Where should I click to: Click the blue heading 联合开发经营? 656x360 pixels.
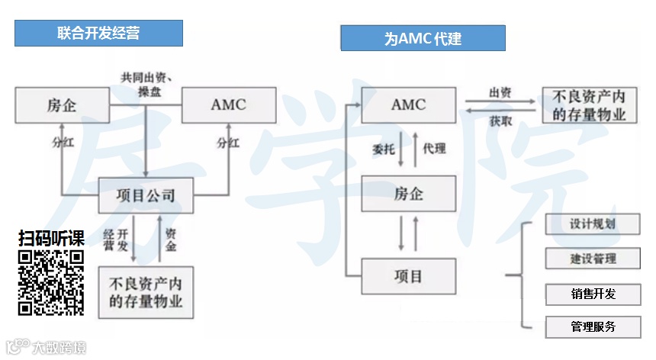[98, 34]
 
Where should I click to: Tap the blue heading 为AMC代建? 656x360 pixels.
[423, 38]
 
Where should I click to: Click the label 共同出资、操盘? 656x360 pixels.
[145, 83]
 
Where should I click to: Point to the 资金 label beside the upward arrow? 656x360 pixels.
[172, 239]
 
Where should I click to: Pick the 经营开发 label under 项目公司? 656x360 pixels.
[116, 239]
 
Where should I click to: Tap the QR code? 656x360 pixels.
[51, 282]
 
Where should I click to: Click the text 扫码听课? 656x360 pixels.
[51, 238]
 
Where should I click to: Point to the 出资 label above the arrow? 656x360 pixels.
[500, 92]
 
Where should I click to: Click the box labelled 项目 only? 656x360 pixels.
[409, 276]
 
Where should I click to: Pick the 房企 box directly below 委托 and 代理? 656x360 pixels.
[409, 194]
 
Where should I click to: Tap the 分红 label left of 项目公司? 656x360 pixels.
[63, 143]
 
